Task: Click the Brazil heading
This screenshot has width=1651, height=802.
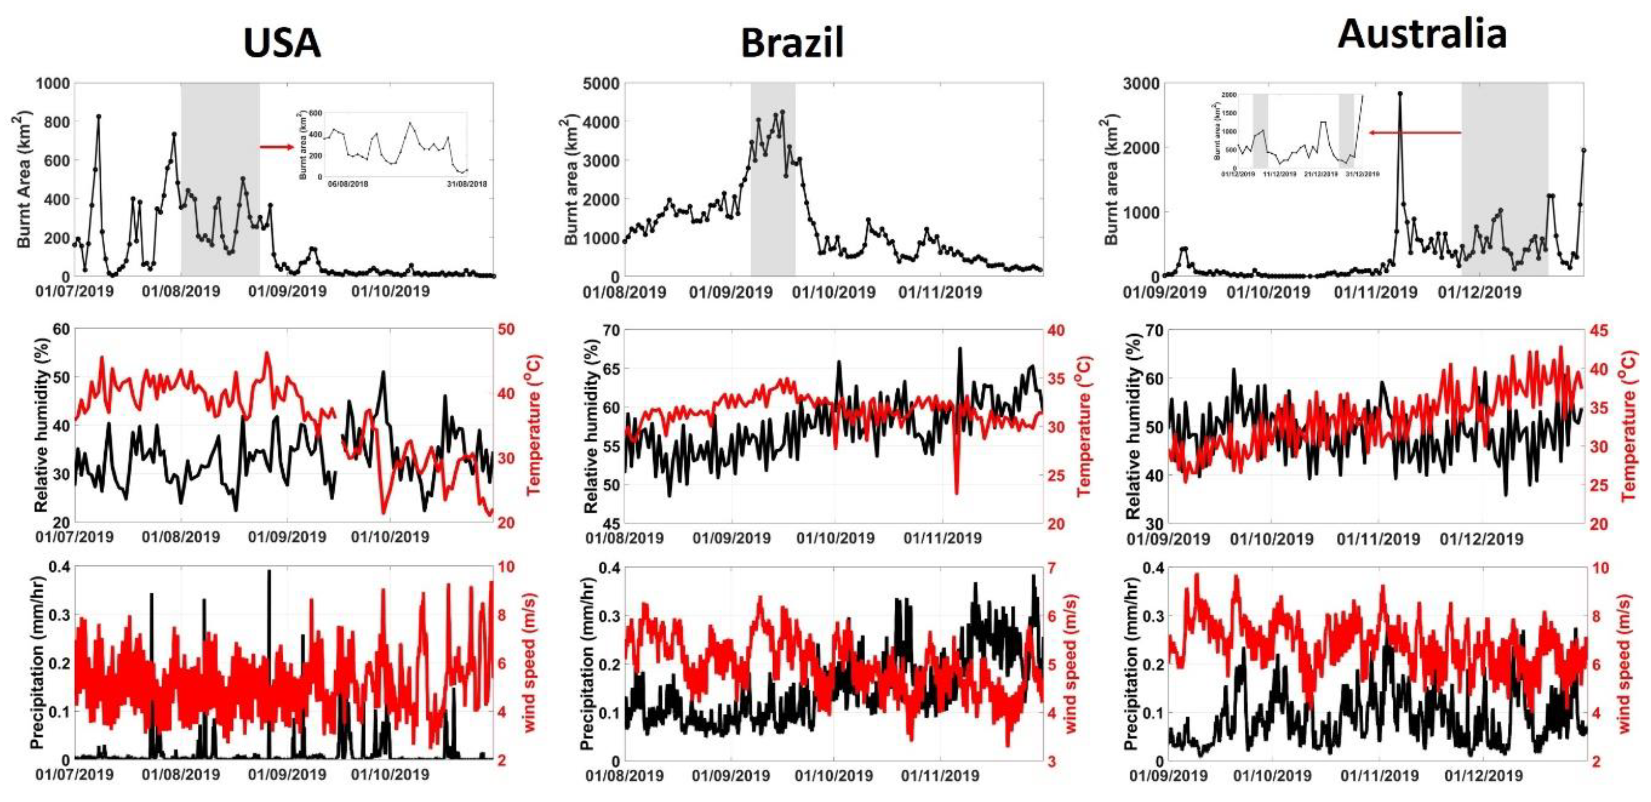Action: coord(792,44)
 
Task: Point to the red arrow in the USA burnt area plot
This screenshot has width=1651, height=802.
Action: coord(276,147)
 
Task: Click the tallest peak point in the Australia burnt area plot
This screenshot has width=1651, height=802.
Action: coord(1400,93)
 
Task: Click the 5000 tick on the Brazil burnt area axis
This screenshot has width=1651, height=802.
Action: coord(601,83)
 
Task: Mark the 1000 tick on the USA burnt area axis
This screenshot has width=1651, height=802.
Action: coord(53,83)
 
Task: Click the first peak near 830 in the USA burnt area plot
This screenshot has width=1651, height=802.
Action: coord(99,117)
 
